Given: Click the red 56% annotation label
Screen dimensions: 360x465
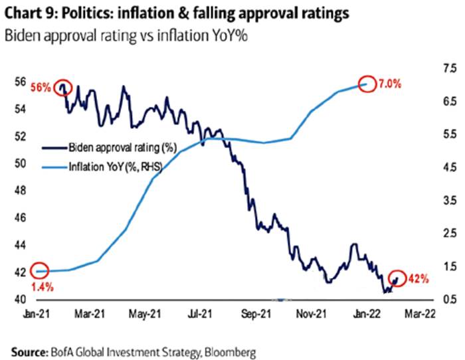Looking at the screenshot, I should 41,88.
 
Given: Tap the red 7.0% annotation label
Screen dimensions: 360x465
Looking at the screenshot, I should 393,84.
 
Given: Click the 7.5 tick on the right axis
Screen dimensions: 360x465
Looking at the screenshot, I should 449,68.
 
